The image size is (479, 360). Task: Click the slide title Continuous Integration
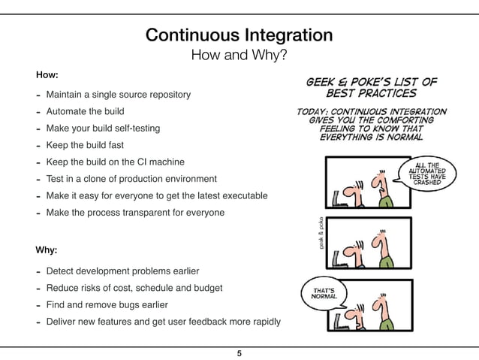(239, 35)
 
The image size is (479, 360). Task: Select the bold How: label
(47, 76)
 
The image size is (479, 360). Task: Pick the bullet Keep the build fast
(85, 145)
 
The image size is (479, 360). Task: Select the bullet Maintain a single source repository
(118, 95)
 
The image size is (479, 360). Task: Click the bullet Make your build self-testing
(103, 129)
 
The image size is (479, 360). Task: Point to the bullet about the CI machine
(115, 162)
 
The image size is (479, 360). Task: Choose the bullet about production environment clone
(131, 179)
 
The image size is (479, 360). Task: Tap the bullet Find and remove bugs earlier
(107, 305)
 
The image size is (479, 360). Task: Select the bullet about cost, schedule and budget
(134, 288)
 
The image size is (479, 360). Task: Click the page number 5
(239, 353)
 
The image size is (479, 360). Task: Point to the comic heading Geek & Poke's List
(370, 87)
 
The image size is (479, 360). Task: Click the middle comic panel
(369, 241)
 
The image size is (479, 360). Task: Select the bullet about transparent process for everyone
(135, 213)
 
